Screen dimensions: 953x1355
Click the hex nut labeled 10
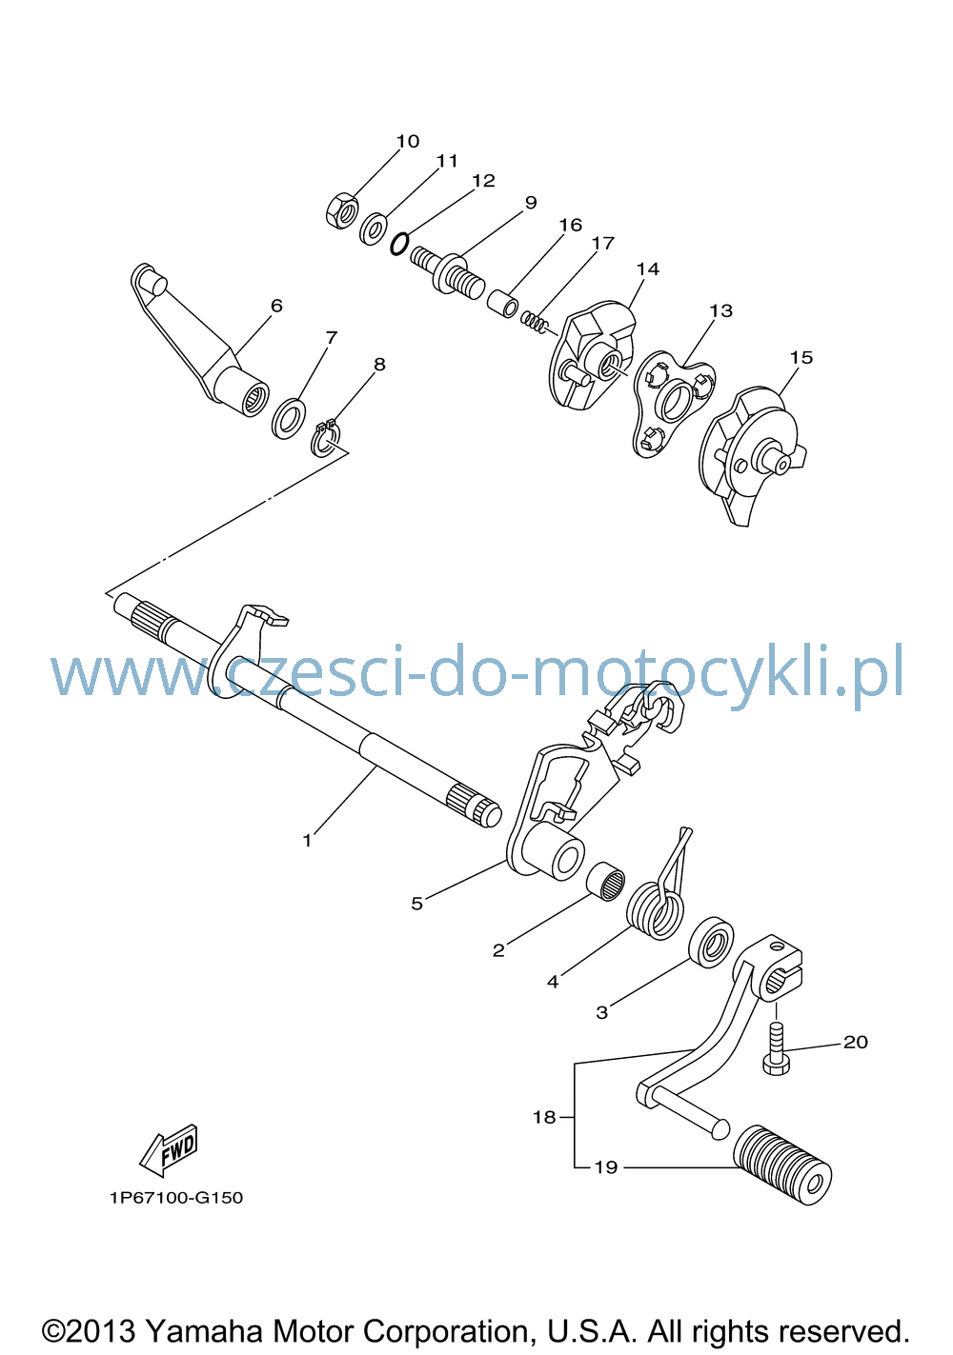tap(341, 209)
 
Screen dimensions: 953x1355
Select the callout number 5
tap(416, 904)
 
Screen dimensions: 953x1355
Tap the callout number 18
tap(544, 1117)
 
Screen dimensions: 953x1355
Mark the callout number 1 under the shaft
tap(307, 840)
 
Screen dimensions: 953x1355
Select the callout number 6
tap(276, 306)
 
